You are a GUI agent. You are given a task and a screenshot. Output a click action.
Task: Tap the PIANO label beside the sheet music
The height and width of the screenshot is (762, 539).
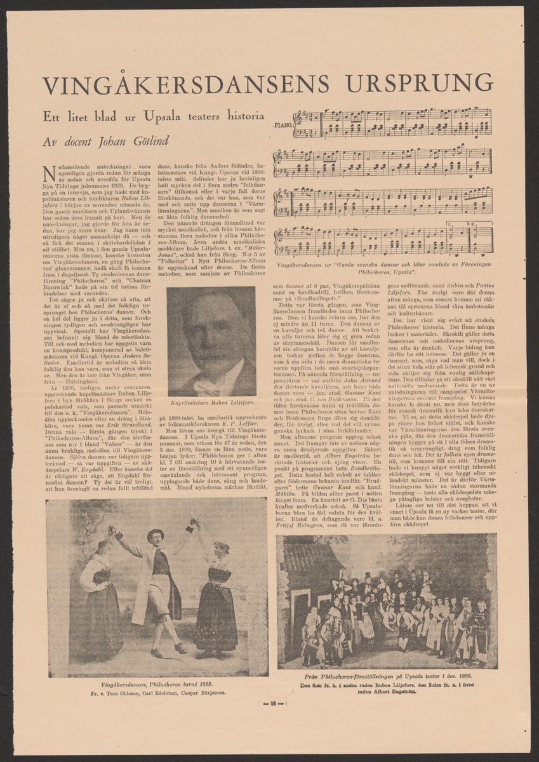282,126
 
